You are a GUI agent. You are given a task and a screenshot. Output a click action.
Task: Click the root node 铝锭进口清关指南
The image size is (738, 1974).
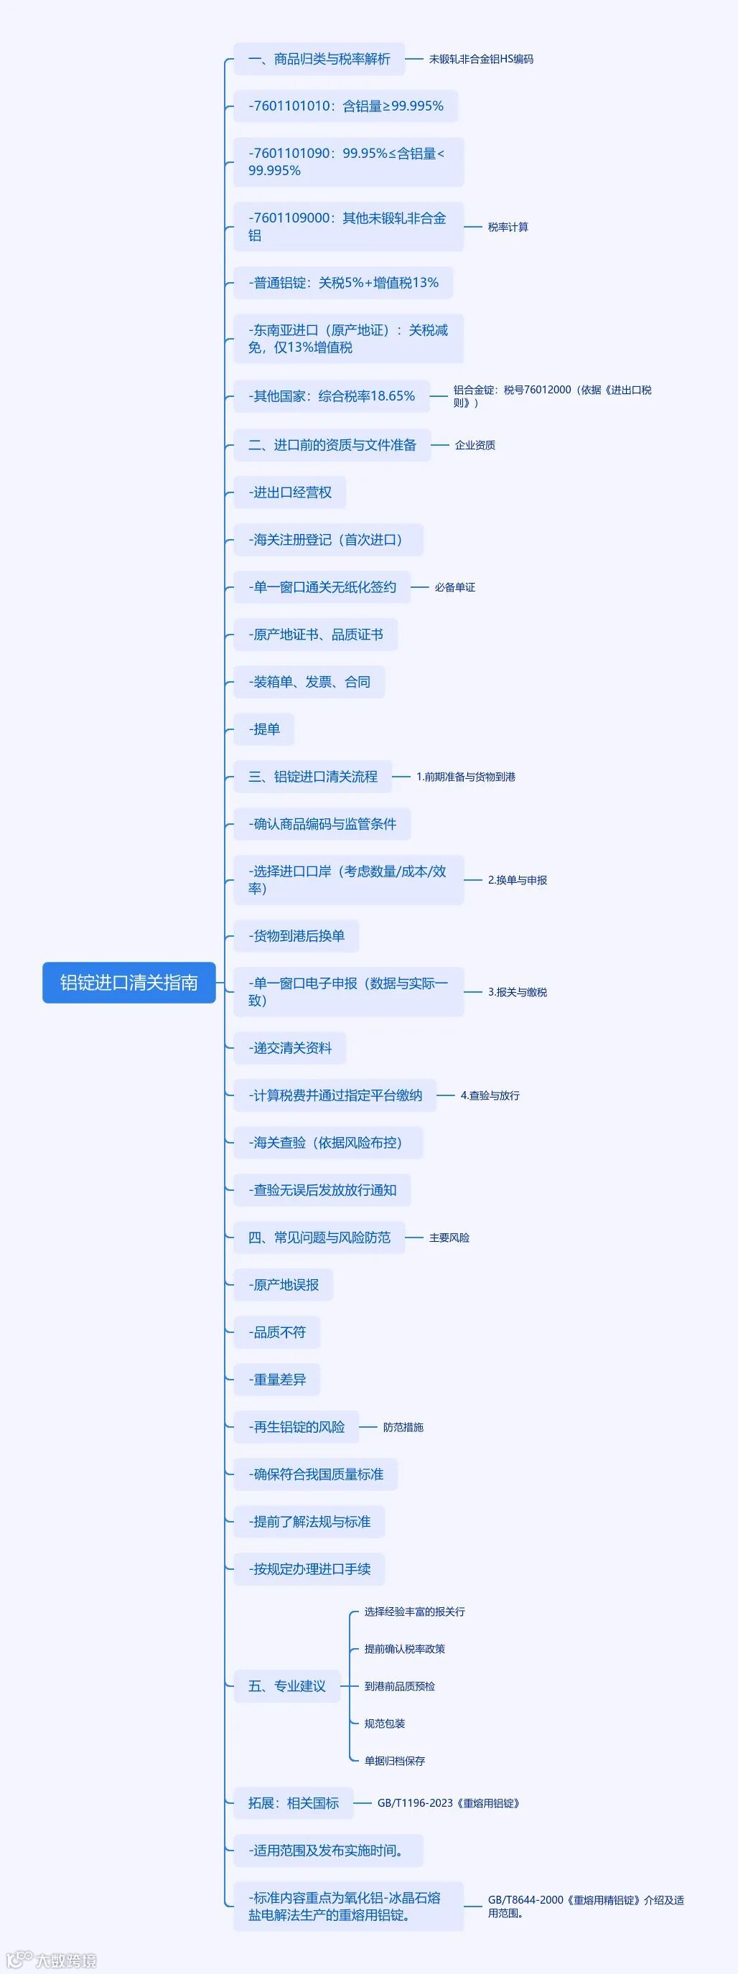(x=129, y=983)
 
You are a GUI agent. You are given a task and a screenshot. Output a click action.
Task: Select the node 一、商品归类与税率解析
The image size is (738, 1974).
(x=319, y=59)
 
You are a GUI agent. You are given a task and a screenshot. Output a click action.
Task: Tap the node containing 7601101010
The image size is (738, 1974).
(x=345, y=106)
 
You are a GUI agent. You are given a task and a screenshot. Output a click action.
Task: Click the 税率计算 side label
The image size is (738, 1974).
(x=508, y=227)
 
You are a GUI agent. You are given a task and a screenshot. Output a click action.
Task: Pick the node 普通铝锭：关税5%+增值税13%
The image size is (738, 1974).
(x=343, y=283)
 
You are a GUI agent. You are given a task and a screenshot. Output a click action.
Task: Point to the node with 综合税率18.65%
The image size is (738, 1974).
(x=331, y=396)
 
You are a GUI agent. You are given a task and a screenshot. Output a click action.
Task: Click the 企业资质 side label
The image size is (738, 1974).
(x=475, y=445)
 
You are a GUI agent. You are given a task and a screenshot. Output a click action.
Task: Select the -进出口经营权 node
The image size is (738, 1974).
(x=290, y=492)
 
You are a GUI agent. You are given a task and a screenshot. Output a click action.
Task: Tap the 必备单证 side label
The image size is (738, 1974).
(x=454, y=587)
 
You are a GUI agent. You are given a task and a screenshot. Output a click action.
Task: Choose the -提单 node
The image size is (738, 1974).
(x=263, y=729)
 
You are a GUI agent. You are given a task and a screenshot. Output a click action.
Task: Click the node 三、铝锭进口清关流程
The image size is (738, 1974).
(x=313, y=776)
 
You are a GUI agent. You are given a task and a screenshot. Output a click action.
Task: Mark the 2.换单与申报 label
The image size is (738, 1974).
(x=518, y=880)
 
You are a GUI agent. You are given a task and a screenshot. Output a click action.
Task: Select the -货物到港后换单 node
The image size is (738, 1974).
(x=296, y=935)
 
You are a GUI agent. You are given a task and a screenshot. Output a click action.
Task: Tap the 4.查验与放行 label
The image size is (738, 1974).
(x=490, y=1095)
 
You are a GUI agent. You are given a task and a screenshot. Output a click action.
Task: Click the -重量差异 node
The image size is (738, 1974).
(x=276, y=1380)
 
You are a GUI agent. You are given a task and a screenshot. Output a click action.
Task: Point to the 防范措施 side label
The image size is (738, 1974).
(x=403, y=1427)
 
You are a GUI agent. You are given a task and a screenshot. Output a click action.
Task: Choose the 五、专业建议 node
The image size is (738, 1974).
(x=286, y=1686)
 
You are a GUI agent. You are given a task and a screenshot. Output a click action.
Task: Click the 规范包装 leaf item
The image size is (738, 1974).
(x=384, y=1723)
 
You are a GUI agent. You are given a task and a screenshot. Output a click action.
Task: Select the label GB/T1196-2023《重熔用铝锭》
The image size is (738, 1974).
(x=448, y=1803)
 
